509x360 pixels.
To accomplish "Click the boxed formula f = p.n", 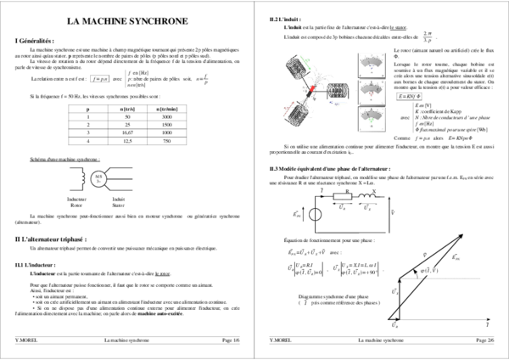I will point(100,79).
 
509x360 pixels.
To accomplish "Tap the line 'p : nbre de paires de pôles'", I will point(154,78).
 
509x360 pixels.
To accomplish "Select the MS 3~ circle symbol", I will point(99,178).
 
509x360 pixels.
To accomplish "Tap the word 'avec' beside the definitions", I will point(405,118).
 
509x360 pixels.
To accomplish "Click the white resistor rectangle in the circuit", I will point(342,196).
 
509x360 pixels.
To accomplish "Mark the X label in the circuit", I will point(375,192).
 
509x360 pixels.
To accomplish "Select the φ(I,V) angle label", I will point(429,271).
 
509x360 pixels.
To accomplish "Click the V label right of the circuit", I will point(394,212).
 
